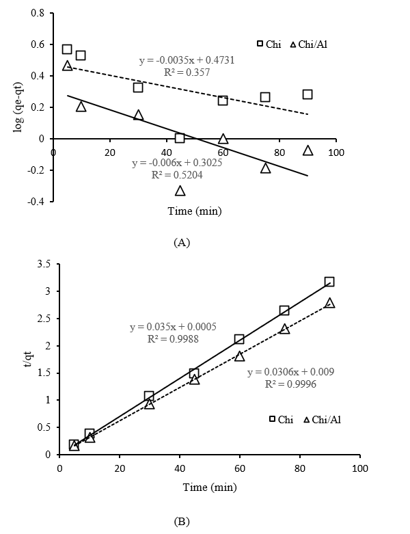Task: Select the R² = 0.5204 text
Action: [x=177, y=175]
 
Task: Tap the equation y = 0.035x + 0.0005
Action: [x=173, y=328]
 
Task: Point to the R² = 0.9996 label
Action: [x=290, y=384]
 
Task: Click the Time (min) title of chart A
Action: [x=195, y=211]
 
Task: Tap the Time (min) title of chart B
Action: [x=210, y=487]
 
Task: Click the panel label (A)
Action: [x=182, y=241]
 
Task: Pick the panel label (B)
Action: [x=182, y=521]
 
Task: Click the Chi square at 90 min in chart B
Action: [x=329, y=282]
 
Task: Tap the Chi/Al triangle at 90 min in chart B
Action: [x=329, y=303]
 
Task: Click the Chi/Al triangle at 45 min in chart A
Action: [x=180, y=191]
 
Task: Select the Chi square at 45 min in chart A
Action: [x=180, y=138]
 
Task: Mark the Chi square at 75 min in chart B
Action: [x=284, y=310]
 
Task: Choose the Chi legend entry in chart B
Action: [x=281, y=419]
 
